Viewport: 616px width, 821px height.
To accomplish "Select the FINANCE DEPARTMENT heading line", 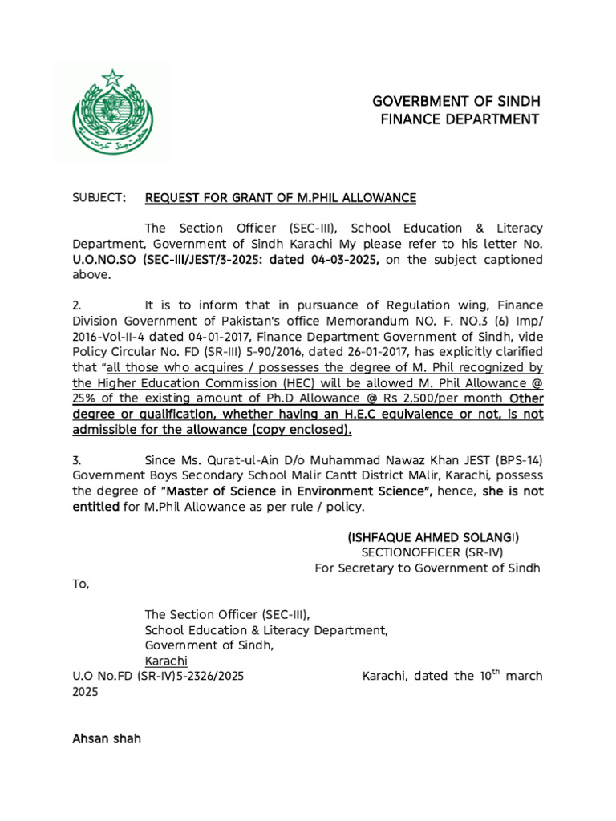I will point(459,120).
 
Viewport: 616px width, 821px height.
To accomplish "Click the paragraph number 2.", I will point(77,305).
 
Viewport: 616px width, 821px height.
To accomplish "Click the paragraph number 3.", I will point(77,461).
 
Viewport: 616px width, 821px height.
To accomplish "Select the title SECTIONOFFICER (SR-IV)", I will point(432,552).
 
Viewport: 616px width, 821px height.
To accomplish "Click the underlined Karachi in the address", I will point(166,661).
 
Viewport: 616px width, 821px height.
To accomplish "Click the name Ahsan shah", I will point(107,738).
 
